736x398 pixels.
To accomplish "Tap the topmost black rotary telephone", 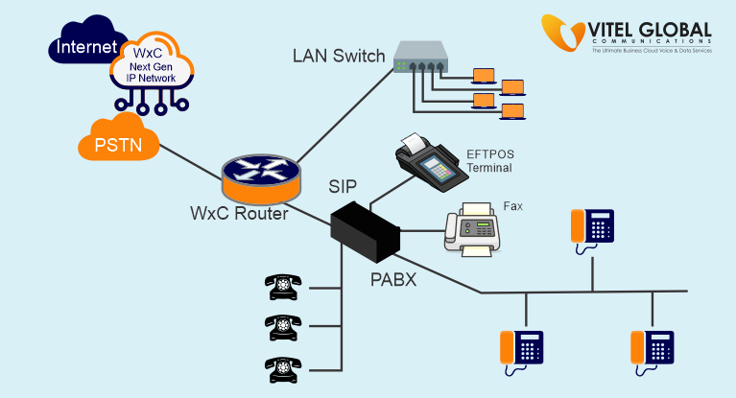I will pos(283,286).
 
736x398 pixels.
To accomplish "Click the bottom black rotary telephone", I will pos(283,367).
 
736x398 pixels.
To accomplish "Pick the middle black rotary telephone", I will pos(283,326).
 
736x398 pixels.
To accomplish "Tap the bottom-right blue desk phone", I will pos(653,349).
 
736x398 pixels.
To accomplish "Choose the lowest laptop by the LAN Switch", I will pos(513,111).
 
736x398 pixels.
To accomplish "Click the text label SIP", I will pos(349,185).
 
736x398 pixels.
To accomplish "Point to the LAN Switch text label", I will pos(338,56).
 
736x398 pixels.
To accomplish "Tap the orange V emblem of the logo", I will pos(564,35).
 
